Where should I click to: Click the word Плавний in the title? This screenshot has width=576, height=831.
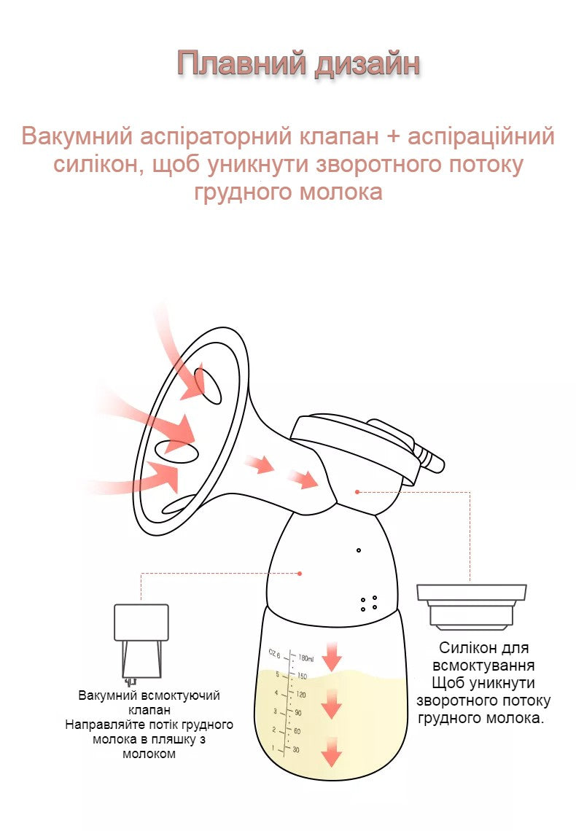241,63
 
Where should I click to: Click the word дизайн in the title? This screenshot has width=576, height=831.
367,63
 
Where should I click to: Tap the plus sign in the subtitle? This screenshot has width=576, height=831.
393,137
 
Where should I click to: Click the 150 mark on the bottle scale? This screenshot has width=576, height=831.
302,676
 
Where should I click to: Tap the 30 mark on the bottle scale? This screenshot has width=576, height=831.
296,749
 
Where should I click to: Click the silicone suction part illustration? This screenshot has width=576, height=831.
472,606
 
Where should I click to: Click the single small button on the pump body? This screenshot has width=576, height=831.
359,550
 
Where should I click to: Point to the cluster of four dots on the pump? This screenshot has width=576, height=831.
369,603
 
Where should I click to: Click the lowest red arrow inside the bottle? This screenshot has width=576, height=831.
332,752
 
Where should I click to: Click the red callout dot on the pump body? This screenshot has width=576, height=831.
300,574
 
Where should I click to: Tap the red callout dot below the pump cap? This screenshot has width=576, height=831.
358,492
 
